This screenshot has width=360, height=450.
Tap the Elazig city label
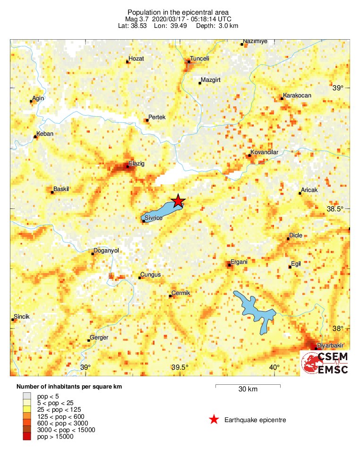(137, 164)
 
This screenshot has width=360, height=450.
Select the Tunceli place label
(200, 59)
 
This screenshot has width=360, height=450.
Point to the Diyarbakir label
(330, 346)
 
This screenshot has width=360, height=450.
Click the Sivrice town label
(154, 217)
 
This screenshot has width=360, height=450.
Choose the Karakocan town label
(297, 95)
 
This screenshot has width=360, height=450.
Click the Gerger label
(99, 337)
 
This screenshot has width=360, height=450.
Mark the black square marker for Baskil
(52, 192)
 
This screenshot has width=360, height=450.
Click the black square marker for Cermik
(171, 296)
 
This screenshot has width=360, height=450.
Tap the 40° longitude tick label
(274, 368)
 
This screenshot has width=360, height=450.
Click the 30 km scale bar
(248, 387)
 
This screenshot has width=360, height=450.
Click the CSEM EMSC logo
(326, 363)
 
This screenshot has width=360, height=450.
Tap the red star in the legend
(214, 419)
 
